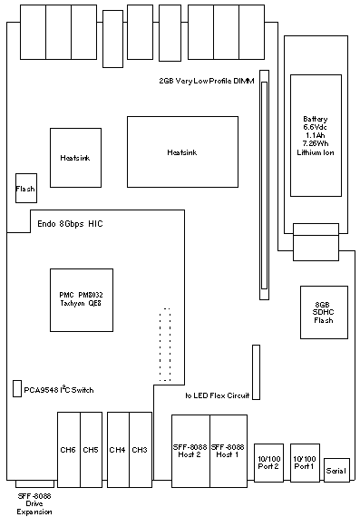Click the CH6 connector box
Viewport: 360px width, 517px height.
click(69, 449)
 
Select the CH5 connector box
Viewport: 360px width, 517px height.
click(92, 449)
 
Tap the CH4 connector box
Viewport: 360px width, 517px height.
click(119, 449)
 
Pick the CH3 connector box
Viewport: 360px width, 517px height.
click(141, 449)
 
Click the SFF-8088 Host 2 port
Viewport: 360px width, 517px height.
click(190, 451)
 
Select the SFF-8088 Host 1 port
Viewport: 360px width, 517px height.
click(229, 451)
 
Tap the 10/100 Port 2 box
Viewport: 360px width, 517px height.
click(268, 463)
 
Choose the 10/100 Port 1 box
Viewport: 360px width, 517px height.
click(305, 463)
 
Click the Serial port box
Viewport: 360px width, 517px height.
click(336, 470)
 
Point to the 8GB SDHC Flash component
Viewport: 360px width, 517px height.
click(324, 312)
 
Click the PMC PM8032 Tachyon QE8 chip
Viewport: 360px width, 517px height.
click(82, 300)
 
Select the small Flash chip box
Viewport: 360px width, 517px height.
click(26, 188)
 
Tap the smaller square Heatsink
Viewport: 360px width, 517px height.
click(75, 158)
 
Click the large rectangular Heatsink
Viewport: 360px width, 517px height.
click(182, 152)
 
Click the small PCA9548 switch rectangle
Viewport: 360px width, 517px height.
click(17, 388)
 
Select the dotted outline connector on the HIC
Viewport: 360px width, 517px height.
click(165, 345)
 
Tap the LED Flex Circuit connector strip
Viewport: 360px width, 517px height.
click(256, 372)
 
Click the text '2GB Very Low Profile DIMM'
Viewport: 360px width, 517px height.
click(207, 81)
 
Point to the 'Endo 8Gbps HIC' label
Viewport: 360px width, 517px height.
click(70, 224)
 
